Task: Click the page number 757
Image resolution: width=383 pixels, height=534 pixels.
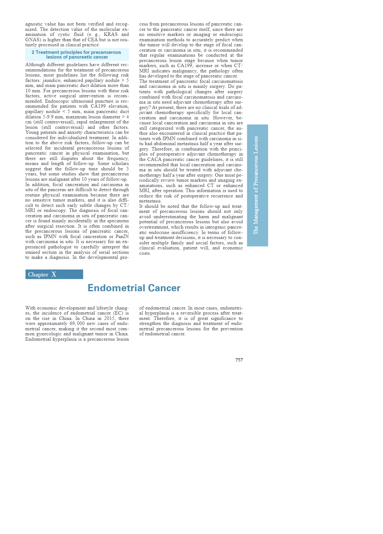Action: [239, 360]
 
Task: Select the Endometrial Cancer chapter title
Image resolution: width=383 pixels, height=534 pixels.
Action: [134, 288]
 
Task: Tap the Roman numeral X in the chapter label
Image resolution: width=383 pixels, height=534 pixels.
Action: [54, 275]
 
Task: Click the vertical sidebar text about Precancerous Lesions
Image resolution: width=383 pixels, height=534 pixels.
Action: [256, 185]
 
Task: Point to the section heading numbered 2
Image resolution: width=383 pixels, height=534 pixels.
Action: [77, 55]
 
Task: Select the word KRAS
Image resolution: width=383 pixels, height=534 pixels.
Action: [110, 35]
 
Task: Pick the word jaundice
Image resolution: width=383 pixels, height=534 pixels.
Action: [52, 80]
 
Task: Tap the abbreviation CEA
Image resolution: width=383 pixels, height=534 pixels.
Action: [93, 40]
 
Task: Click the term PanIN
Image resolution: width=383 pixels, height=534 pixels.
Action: [122, 236]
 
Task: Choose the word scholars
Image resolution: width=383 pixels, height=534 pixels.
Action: [120, 163]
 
